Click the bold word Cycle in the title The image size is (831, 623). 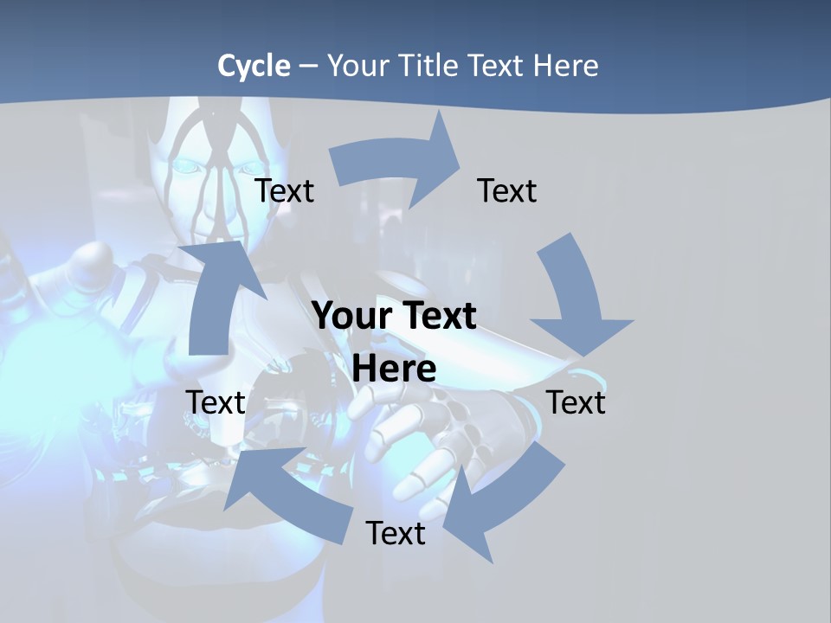254,66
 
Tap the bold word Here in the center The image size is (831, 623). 394,369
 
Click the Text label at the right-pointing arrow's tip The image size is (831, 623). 507,190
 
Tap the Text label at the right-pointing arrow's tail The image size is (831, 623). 285,190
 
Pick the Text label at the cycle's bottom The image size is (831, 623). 396,533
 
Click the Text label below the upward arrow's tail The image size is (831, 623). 216,402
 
